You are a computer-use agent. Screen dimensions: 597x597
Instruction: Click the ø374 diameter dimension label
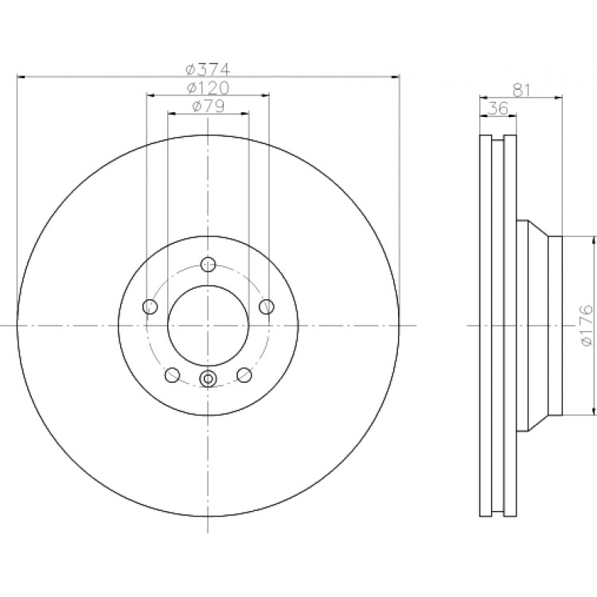pyautogui.click(x=208, y=69)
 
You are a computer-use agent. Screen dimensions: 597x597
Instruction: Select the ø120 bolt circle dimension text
pyautogui.click(x=208, y=88)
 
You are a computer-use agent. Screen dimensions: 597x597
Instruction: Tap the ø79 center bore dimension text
pyautogui.click(x=208, y=106)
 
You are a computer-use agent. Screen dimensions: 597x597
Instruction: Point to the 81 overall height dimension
pyautogui.click(x=521, y=90)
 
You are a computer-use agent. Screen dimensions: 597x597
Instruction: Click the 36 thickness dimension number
pyautogui.click(x=498, y=108)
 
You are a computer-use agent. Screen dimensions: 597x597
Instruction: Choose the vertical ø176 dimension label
pyautogui.click(x=587, y=325)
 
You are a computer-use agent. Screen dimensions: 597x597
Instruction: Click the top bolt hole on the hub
pyautogui.click(x=208, y=264)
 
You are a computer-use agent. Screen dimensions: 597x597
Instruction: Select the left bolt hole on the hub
pyautogui.click(x=150, y=306)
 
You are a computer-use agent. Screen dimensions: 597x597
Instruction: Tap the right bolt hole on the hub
pyautogui.click(x=267, y=306)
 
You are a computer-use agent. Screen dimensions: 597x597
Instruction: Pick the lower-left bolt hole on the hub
pyautogui.click(x=172, y=375)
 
